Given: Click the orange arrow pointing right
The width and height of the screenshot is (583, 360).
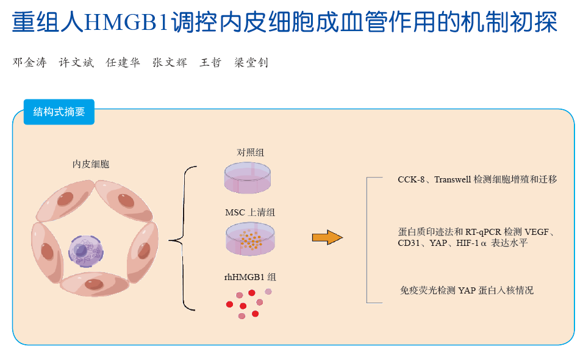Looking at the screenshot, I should tap(327, 237).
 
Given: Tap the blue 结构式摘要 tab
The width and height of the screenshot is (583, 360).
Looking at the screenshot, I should tap(59, 112).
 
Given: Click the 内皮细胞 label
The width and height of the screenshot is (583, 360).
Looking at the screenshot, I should tap(91, 164).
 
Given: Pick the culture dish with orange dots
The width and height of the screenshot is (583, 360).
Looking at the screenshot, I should tap(251, 239).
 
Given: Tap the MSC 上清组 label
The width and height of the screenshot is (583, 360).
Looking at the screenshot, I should tap(250, 212).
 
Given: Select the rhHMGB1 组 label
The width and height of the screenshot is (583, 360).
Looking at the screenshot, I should tap(250, 277).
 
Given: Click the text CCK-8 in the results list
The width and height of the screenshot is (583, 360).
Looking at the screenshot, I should tap(411, 180).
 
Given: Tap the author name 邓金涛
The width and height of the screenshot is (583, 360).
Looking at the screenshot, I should tap(29, 62).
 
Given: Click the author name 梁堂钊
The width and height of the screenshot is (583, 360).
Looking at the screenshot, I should tap(251, 62).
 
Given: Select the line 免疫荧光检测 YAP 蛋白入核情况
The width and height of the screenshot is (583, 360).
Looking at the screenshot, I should tap(466, 290).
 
